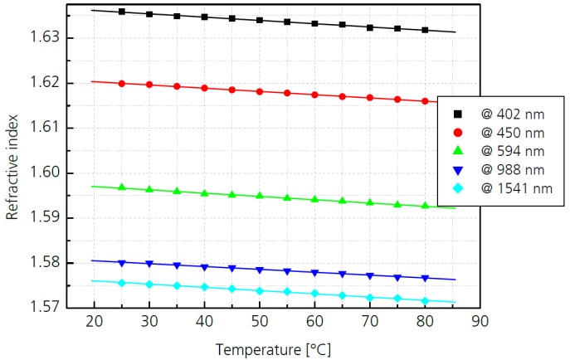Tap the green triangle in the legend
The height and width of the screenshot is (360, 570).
pyautogui.click(x=457, y=151)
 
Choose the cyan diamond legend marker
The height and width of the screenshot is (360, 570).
pyautogui.click(x=457, y=189)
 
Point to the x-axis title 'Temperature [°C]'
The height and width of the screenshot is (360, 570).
pyautogui.click(x=274, y=349)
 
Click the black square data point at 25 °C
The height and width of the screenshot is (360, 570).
pyautogui.click(x=122, y=12)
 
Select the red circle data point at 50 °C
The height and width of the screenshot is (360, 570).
pyautogui.click(x=260, y=91)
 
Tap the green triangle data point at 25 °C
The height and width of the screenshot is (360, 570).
pyautogui.click(x=122, y=187)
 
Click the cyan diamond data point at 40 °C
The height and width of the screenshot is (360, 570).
pyautogui.click(x=204, y=287)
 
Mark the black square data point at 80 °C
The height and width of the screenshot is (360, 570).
pyautogui.click(x=425, y=30)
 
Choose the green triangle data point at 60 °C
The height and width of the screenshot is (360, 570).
pyautogui.click(x=314, y=199)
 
